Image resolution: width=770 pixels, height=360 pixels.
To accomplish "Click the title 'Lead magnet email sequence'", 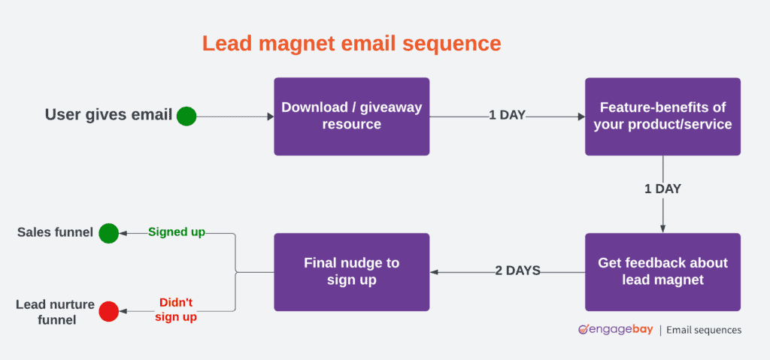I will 351,44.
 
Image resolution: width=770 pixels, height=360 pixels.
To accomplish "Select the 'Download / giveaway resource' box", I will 351,116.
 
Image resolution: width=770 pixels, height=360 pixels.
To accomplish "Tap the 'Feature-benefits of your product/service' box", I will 662,116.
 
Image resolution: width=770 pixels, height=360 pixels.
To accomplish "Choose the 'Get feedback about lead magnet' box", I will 662,271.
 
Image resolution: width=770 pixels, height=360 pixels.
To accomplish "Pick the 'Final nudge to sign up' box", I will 351,271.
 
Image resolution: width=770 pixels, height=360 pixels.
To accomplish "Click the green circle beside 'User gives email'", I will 186,116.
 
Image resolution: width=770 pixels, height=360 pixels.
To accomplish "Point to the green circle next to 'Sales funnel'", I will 109,233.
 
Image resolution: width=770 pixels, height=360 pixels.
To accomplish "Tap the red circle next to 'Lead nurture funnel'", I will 109,310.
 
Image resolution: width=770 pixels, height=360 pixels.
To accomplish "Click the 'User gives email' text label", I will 108,116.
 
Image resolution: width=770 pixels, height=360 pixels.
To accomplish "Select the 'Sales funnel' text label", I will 55,233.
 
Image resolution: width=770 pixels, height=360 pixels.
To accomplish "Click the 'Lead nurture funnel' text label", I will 55,312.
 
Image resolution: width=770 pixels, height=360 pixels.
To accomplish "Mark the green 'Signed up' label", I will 177,232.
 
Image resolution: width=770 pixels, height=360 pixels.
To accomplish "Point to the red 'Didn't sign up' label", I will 176,310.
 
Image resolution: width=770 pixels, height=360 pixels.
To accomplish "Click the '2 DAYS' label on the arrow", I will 517,271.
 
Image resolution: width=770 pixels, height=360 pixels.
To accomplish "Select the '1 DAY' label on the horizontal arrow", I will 507,116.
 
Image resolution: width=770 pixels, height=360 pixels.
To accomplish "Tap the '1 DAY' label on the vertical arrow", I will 662,189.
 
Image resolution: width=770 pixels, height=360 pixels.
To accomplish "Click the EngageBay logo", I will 614,330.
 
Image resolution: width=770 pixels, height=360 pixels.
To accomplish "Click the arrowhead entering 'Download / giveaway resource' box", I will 270,116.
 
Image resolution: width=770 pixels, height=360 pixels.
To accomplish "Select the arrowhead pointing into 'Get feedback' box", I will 662,228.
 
